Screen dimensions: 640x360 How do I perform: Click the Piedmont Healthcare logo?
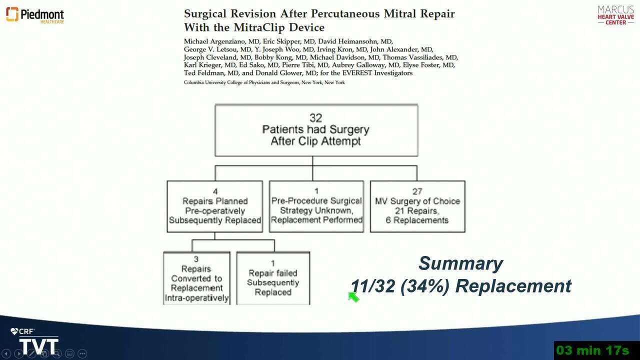(35, 15)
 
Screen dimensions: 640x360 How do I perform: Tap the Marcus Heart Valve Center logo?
(615, 15)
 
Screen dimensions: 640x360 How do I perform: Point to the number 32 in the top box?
(315, 117)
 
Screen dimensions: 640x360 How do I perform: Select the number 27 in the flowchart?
(417, 191)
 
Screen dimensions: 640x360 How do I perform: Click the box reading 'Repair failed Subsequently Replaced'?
(273, 278)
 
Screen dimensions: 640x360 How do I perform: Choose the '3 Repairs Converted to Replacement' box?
(196, 278)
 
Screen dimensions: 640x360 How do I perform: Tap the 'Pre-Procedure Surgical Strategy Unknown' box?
(316, 206)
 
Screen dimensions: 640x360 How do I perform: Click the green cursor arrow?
(353, 297)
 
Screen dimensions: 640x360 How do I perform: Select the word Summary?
(461, 263)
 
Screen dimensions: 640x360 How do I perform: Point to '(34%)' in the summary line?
(425, 286)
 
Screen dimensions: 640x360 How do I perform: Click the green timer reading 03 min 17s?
(592, 350)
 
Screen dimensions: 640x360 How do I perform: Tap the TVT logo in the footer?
(38, 346)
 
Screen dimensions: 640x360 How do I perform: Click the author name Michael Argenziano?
(214, 41)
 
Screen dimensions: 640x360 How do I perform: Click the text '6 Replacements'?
(417, 220)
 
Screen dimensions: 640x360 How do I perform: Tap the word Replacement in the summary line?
(513, 286)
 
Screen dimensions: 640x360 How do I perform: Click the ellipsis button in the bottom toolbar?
(82, 353)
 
